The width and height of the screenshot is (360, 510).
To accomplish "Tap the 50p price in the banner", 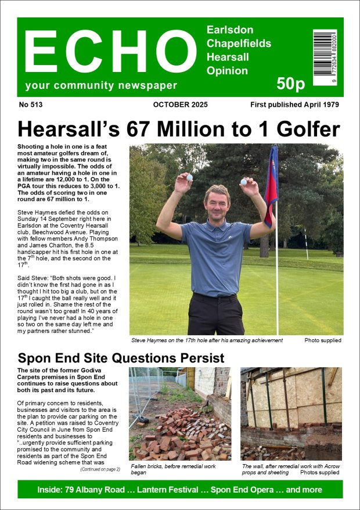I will pos(291,84).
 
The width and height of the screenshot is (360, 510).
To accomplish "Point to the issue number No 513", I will pos(31,105).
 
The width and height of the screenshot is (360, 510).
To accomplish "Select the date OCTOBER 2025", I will pos(181,105).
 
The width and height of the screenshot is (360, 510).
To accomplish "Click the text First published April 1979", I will pos(294,105).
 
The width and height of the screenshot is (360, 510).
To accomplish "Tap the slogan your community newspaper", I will pos(101,86).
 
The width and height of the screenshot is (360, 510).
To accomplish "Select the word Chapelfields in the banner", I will pos(239,44).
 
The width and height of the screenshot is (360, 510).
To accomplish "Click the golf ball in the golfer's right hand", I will pos(189,177).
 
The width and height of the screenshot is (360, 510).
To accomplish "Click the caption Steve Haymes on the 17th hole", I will pos(207,340).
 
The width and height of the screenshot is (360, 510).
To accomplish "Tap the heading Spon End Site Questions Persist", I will pos(121,358).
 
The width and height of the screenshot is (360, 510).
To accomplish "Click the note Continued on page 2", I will pos(100,469).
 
